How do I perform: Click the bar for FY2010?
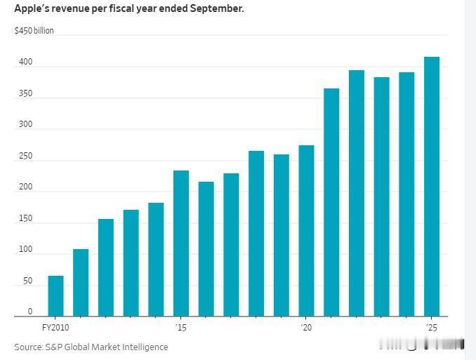(55, 296)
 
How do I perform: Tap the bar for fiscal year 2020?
(306, 231)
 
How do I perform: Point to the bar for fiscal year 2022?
(357, 193)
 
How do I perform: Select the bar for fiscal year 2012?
(106, 267)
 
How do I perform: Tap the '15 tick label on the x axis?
(181, 328)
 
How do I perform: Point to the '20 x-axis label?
(306, 328)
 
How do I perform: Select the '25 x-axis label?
(432, 328)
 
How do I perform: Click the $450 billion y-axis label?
(34, 31)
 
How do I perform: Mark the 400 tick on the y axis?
(26, 62)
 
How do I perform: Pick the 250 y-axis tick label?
(26, 156)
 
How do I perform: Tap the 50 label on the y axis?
(27, 281)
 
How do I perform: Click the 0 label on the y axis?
(30, 312)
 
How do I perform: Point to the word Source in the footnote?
(28, 347)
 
